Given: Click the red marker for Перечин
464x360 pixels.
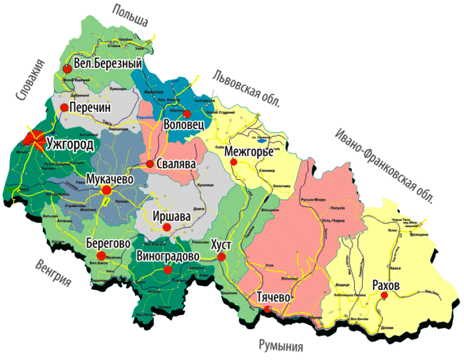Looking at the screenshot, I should click(x=64, y=107).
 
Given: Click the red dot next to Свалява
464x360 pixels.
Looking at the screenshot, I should click(x=150, y=164).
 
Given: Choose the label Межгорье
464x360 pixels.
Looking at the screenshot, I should click(x=249, y=152).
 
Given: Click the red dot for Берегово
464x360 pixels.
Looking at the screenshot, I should click(x=101, y=255).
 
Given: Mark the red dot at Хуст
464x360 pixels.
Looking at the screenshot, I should click(x=222, y=256).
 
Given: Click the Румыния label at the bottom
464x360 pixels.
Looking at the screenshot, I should click(x=282, y=346).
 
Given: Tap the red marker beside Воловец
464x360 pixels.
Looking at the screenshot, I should click(x=187, y=114).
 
